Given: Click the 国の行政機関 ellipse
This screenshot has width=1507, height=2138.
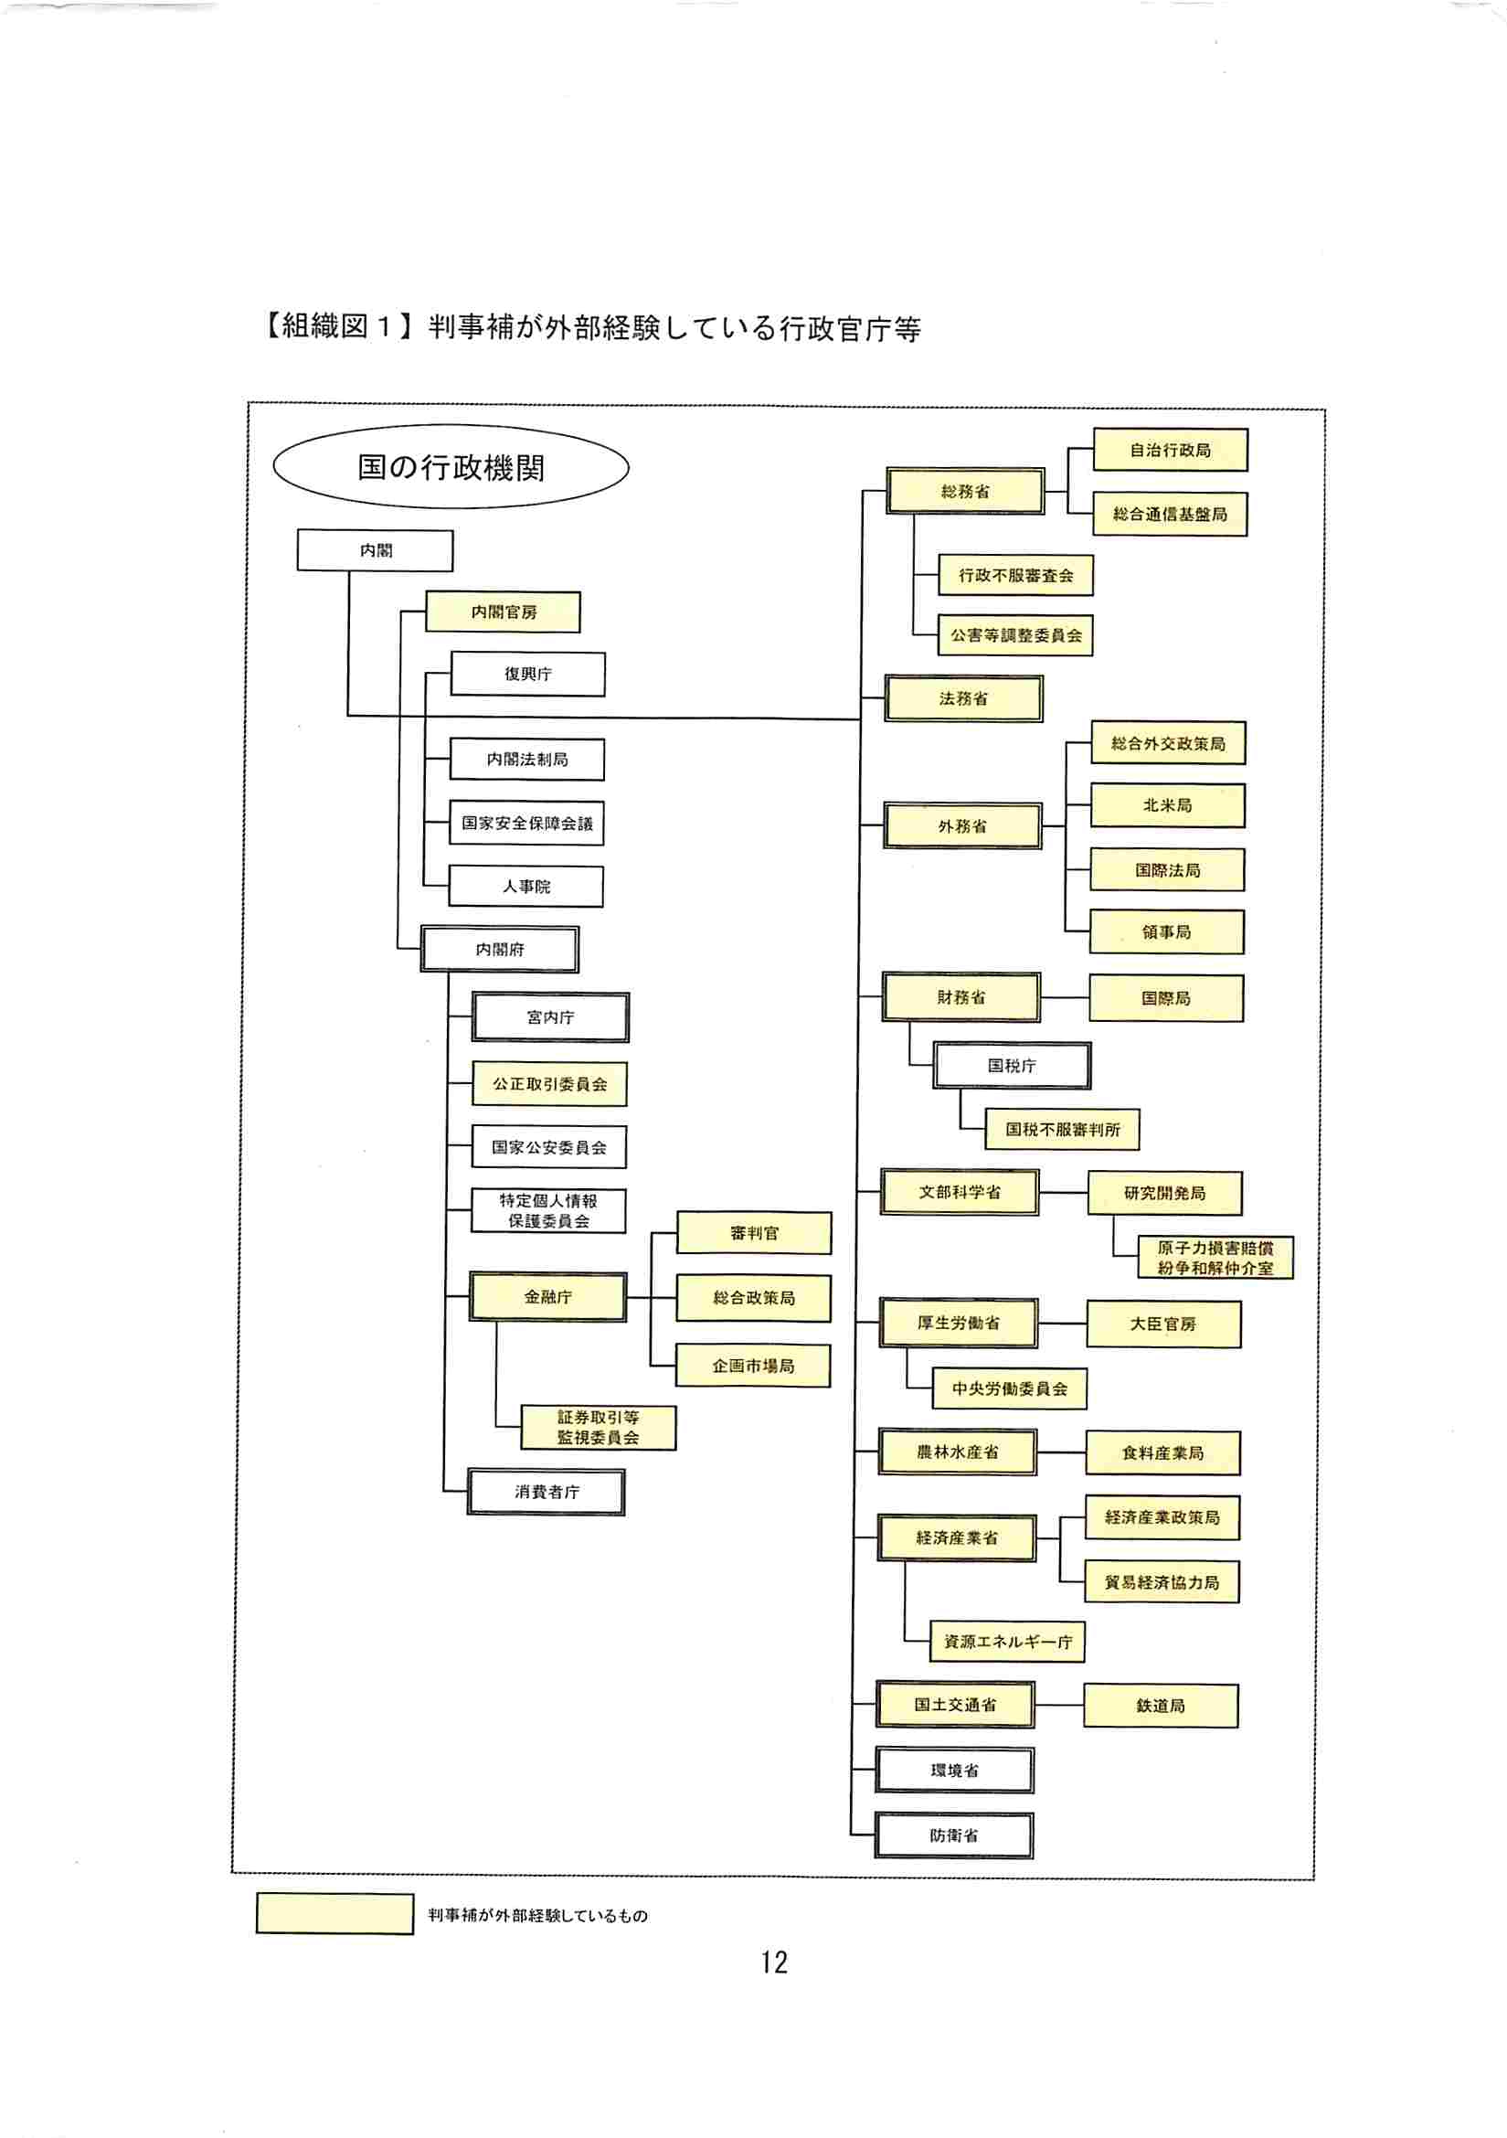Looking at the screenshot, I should tap(451, 466).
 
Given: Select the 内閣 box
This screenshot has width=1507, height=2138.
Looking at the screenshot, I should tap(375, 550).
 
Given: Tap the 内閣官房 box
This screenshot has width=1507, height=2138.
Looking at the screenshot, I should tap(503, 612).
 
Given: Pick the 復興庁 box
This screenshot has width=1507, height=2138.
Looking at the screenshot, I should tap(528, 674).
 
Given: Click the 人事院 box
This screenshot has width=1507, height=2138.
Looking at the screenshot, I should tap(525, 887).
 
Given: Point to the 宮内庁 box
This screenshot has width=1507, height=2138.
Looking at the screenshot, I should tap(550, 1016).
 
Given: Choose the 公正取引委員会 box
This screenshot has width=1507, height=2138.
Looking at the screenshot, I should tap(549, 1084).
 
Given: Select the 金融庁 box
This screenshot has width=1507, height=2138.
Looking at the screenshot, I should tap(547, 1296).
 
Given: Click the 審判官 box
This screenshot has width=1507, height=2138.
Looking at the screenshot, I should tap(753, 1233).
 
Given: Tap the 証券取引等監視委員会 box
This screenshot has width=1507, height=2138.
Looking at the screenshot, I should tap(598, 1427).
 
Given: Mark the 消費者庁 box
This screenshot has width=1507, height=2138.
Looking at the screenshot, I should tap(547, 1491).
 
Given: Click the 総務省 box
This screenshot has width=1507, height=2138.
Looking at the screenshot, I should tap(965, 491).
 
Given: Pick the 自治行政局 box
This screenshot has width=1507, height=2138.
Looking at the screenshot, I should tap(1170, 450).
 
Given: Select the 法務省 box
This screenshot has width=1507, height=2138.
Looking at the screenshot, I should tap(963, 698).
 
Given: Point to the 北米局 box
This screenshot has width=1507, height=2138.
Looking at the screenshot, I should tap(1167, 805).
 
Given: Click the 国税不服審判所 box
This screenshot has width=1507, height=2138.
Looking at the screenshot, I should tap(1062, 1130).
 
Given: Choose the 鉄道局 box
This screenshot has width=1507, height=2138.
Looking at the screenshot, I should tap(1160, 1705).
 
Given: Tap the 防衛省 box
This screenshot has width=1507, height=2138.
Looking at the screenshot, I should tap(954, 1835).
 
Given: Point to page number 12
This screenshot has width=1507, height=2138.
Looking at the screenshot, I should tap(773, 1962).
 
